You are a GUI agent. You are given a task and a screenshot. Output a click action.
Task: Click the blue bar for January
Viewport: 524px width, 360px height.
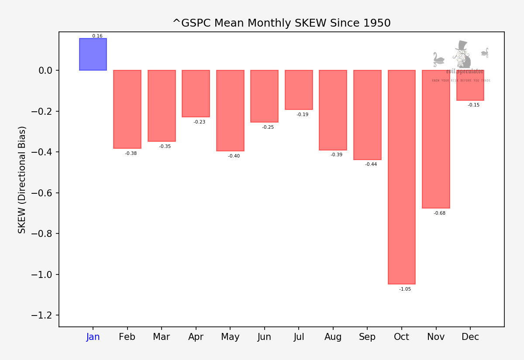93,55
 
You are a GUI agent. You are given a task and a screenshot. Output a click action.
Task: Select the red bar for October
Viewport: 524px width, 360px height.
402,177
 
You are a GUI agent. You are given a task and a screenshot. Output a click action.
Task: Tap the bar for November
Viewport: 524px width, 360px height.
436,139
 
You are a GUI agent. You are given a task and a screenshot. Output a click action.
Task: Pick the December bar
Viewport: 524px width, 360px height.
470,85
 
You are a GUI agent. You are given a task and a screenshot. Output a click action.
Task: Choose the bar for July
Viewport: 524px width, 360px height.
299,89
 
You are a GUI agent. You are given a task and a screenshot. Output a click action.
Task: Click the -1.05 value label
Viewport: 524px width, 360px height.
405,289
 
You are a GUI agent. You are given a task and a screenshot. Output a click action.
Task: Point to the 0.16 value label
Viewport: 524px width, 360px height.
97,36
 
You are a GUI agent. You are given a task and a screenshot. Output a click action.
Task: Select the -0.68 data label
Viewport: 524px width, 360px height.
439,213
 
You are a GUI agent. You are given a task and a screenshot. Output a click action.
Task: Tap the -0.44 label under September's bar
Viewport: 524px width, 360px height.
371,165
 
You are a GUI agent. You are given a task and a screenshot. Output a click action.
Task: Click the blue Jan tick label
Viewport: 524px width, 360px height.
93,337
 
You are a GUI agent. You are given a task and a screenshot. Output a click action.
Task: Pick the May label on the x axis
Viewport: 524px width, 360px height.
230,337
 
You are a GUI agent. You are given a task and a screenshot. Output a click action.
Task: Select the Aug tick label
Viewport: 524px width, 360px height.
333,337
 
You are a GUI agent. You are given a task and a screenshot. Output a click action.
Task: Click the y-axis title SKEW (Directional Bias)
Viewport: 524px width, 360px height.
22,179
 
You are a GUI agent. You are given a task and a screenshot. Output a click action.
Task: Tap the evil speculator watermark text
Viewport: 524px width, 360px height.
465,72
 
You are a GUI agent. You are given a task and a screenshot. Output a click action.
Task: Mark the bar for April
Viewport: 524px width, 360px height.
196,93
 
